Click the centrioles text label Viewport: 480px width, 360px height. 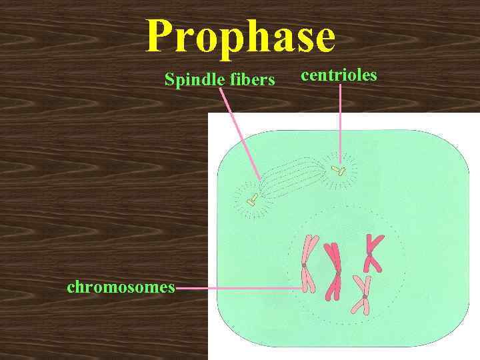pos(339,74)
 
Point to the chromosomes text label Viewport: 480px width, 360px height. pos(121,287)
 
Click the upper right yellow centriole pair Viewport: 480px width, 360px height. pos(339,171)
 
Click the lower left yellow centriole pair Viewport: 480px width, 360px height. pos(253,198)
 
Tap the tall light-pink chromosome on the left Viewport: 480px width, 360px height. pos(307,264)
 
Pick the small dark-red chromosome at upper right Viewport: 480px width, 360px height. pos(372,253)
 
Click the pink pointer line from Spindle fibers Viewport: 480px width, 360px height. pos(240,133)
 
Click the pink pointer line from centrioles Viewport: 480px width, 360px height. pos(340,120)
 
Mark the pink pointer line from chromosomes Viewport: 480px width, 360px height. pos(240,288)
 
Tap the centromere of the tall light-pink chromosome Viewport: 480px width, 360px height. pos(303,265)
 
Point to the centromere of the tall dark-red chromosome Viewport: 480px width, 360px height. pos(337,274)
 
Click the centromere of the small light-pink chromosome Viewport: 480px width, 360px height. pos(364,296)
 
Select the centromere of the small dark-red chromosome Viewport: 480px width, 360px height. pos(371,253)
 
